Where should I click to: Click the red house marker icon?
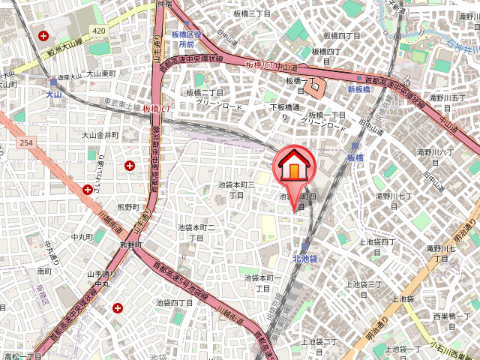[295, 166]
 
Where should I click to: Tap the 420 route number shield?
[99, 30]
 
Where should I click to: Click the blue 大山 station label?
[53, 94]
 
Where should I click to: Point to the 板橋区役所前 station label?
[187, 40]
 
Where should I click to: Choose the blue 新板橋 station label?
[359, 89]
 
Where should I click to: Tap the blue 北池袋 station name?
[305, 259]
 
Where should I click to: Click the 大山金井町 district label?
[100, 135]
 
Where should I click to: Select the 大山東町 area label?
[100, 73]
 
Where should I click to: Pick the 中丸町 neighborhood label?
[80, 238]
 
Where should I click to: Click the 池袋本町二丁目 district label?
[196, 232]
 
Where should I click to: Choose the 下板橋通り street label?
[284, 112]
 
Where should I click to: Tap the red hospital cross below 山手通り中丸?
[118, 307]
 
